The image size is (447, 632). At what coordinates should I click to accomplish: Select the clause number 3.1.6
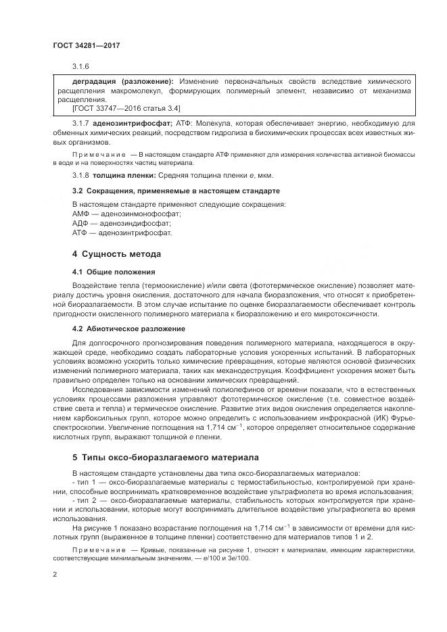[80, 66]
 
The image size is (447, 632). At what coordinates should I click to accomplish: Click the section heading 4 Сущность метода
[116, 255]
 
